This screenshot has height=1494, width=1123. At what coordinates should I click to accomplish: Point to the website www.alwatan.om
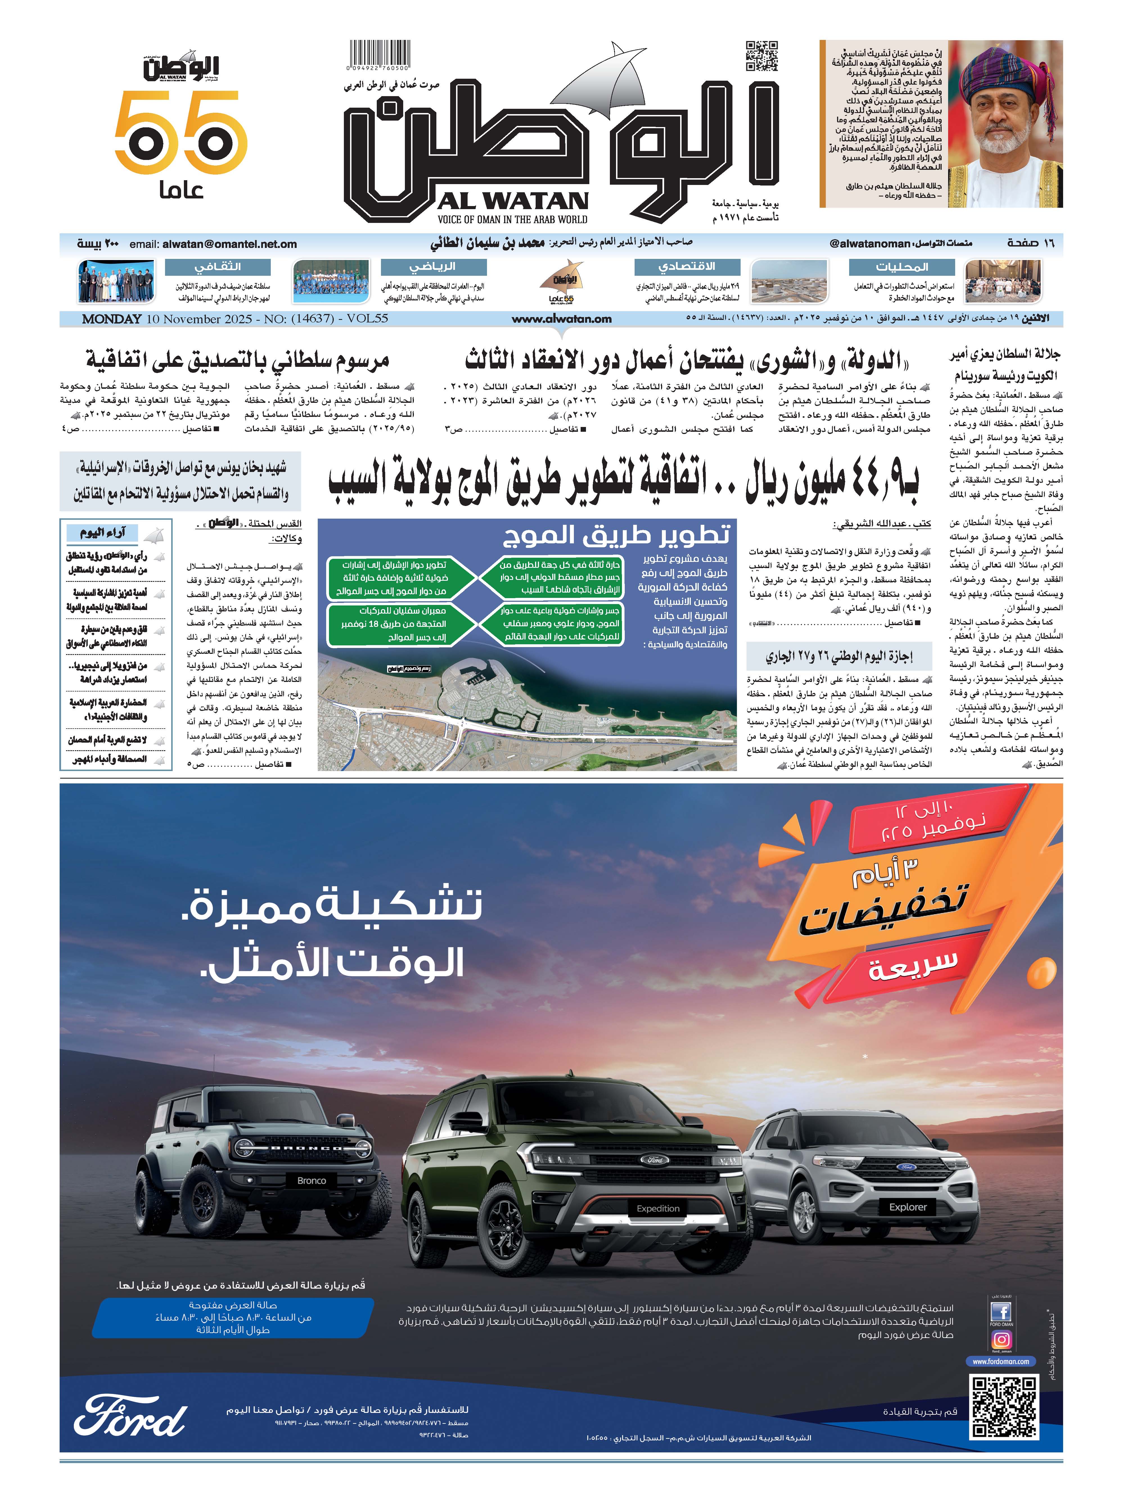point(561,319)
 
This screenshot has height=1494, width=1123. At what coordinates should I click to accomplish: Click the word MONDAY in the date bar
point(112,319)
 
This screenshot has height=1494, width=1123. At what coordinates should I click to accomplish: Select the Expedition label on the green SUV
point(657,1208)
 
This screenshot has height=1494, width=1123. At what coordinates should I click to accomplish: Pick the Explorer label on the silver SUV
point(907,1207)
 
